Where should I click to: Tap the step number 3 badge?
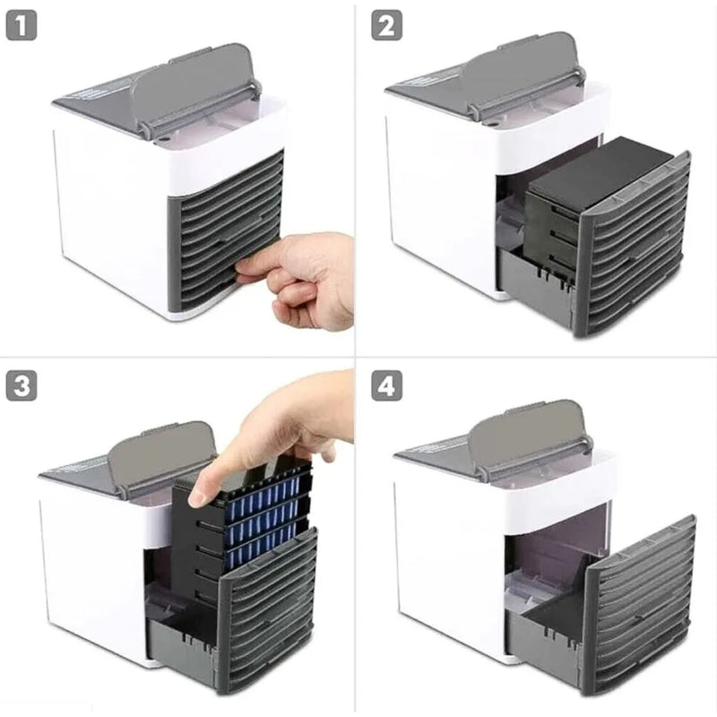point(22,386)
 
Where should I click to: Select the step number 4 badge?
point(387,386)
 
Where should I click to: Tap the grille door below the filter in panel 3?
point(269,609)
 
